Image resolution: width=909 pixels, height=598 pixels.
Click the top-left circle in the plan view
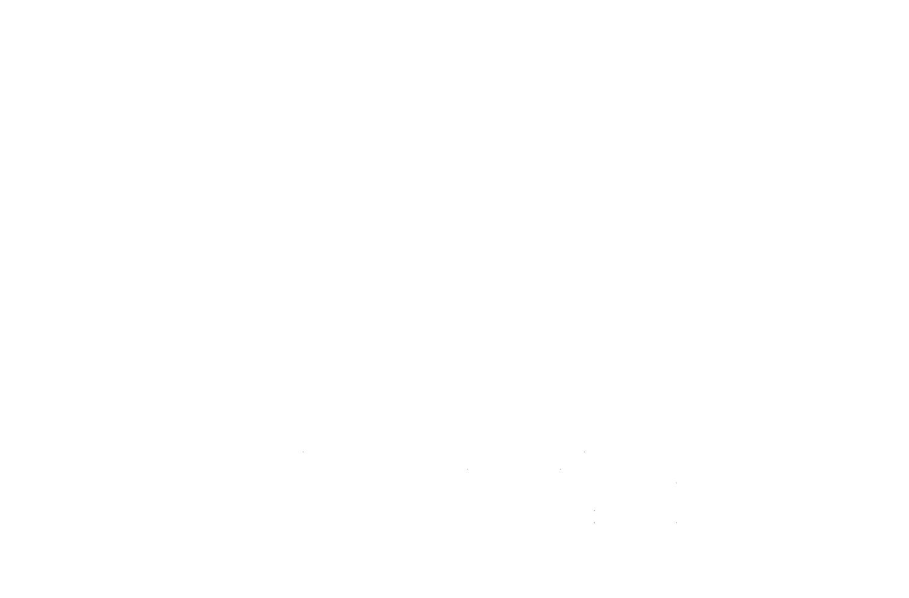pyautogui.click(x=397, y=140)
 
